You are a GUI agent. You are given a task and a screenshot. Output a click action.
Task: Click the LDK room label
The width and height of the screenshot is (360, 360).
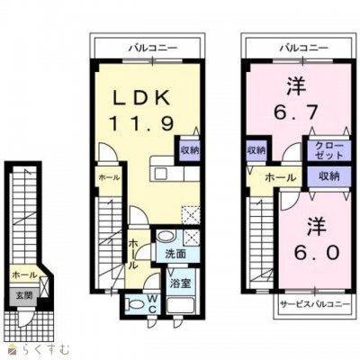pyautogui.click(x=141, y=97)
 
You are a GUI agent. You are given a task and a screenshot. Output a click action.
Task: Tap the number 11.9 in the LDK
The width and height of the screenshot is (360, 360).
pyautogui.click(x=141, y=123)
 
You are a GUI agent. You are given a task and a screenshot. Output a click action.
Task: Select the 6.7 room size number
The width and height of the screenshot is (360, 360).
pyautogui.click(x=296, y=112)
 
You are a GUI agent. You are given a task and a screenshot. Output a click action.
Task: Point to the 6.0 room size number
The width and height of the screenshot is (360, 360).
pyautogui.click(x=317, y=252)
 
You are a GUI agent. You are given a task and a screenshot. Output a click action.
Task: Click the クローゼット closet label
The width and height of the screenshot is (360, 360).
pyautogui.click(x=328, y=151)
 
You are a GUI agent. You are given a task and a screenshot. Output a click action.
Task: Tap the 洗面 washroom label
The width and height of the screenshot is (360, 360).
pyautogui.click(x=175, y=254)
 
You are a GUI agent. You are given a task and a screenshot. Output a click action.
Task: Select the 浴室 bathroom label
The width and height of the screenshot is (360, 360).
pyautogui.click(x=180, y=283)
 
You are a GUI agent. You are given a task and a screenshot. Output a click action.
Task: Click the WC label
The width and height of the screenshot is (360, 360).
pyautogui.click(x=152, y=304)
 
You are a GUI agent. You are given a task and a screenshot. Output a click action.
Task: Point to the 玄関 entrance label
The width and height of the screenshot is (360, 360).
pyautogui.click(x=23, y=295)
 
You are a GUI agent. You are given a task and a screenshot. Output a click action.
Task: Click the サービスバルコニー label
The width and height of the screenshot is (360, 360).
pyautogui.click(x=315, y=304)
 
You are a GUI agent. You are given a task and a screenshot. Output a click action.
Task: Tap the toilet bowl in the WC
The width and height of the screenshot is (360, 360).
pyautogui.click(x=133, y=304)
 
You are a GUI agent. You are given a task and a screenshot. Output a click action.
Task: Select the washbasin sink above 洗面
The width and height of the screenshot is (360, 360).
pyautogui.click(x=166, y=236)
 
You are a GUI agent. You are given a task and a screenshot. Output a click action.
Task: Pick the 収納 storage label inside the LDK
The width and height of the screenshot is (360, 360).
pyautogui.click(x=190, y=150)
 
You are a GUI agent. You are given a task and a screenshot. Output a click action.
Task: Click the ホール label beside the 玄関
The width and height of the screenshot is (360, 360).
pyautogui.click(x=25, y=274)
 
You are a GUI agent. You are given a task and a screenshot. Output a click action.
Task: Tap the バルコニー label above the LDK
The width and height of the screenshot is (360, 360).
pyautogui.click(x=153, y=48)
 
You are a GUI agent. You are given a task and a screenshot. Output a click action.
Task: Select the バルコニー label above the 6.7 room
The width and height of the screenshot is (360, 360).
pyautogui.click(x=304, y=48)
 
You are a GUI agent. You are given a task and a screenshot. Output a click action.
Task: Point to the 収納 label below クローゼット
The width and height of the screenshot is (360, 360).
pyautogui.click(x=329, y=176)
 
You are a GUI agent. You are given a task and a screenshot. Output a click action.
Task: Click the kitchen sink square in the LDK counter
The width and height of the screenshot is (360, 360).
pyautogui.click(x=160, y=174)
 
